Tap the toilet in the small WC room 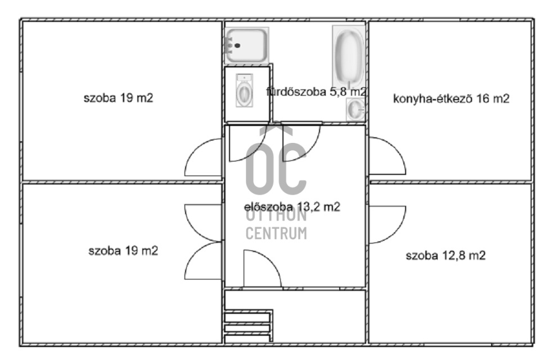click(x=244, y=91)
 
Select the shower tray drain click(x=237, y=46)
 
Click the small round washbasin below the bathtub click(x=355, y=109)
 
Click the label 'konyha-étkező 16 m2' click(x=451, y=98)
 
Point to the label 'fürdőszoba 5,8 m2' click(x=316, y=92)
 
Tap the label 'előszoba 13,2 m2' click(x=292, y=206)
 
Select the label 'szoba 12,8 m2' click(x=446, y=255)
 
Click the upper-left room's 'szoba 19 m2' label click(x=119, y=98)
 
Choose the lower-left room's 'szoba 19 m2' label click(x=123, y=251)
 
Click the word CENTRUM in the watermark click(x=276, y=233)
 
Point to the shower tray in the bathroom click(x=246, y=46)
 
